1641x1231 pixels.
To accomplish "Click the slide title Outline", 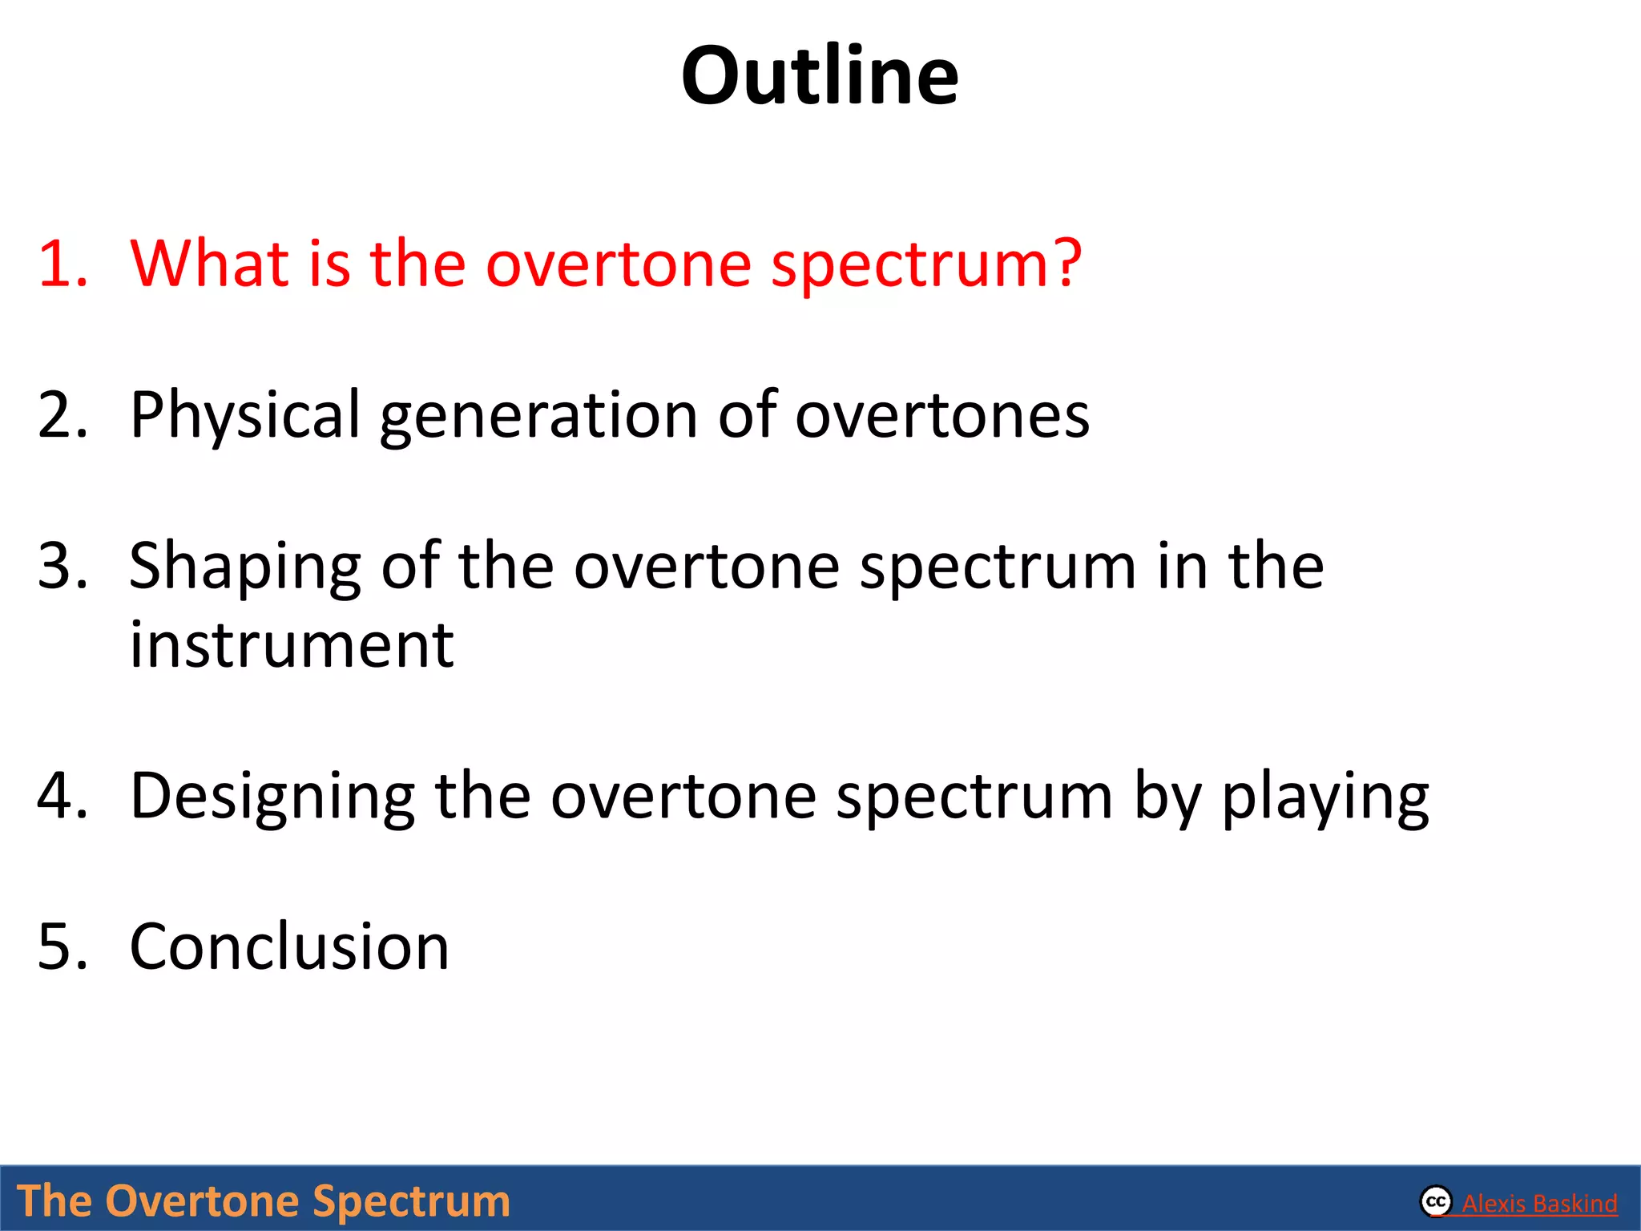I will [819, 76].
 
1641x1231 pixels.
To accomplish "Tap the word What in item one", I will [209, 264].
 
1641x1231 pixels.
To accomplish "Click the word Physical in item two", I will [245, 415].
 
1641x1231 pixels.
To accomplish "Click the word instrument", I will [292, 645].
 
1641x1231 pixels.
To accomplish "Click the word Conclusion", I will [289, 947].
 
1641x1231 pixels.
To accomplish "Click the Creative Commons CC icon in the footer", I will [1436, 1201].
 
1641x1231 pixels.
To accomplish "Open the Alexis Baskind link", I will [1538, 1204].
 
